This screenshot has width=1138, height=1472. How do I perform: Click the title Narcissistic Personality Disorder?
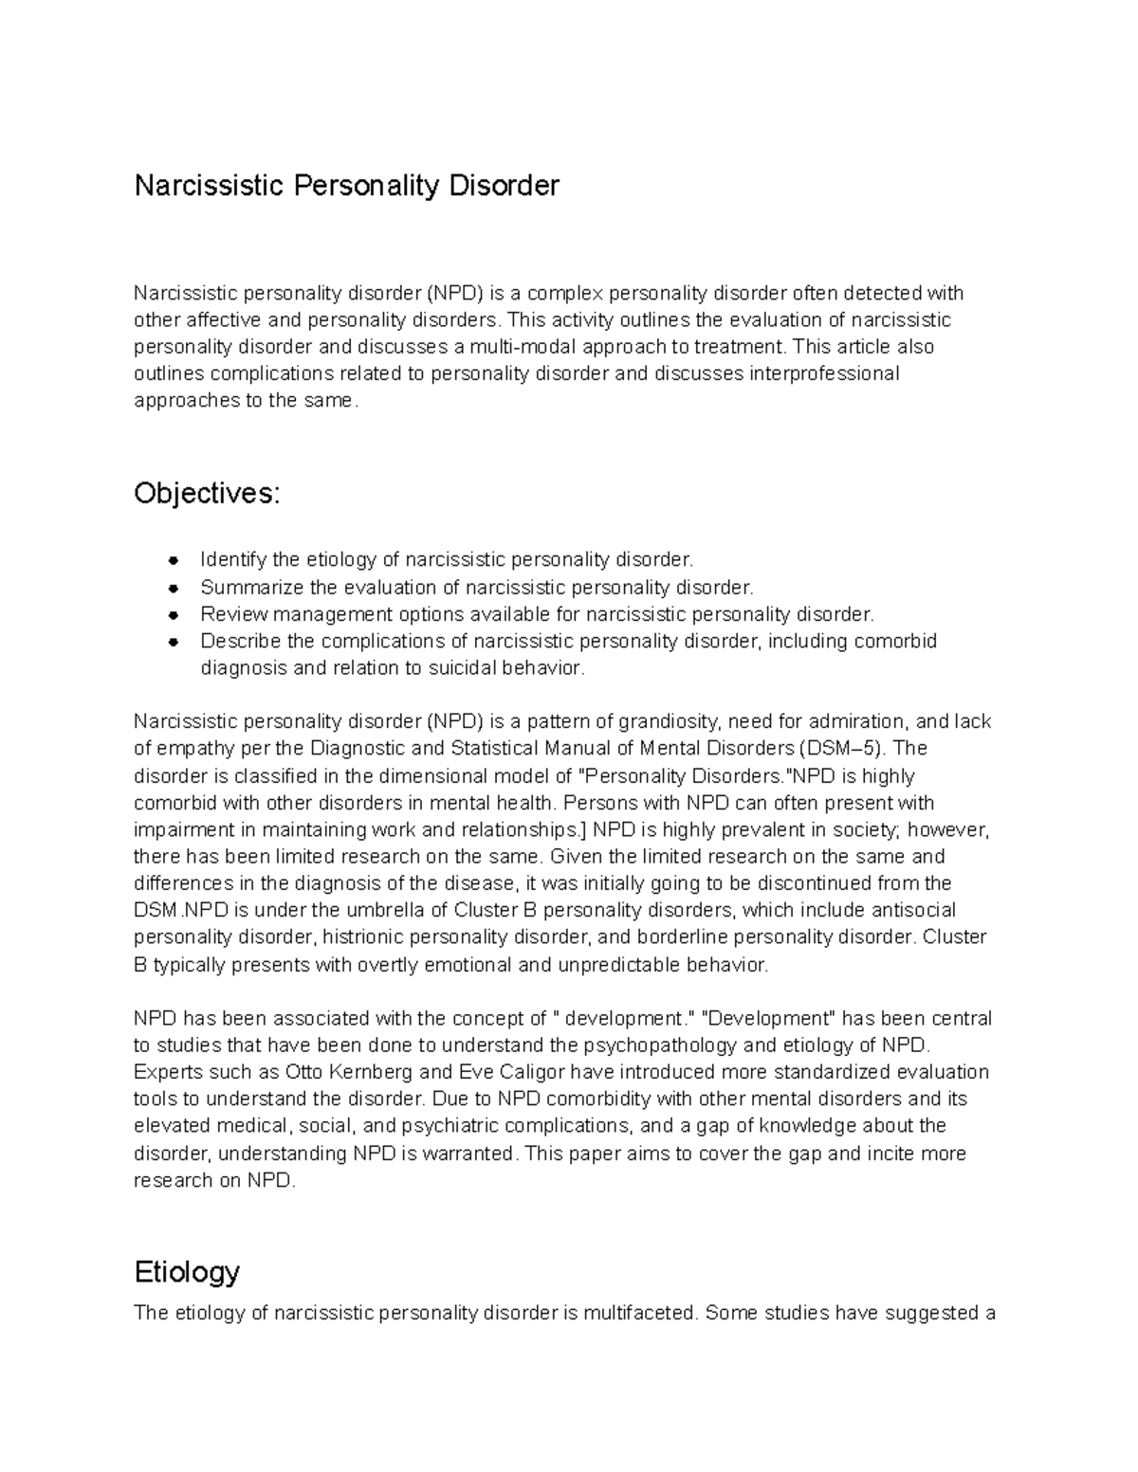click(346, 185)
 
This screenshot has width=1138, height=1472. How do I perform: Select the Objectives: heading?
click(207, 494)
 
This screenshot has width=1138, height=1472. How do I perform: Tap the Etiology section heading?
click(187, 1271)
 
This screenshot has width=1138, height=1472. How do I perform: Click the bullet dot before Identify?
click(174, 561)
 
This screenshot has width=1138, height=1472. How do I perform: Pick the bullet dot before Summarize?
click(174, 588)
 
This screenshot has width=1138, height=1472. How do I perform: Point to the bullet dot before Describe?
click(174, 642)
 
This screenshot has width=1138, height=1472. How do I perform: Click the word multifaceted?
click(639, 1314)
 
